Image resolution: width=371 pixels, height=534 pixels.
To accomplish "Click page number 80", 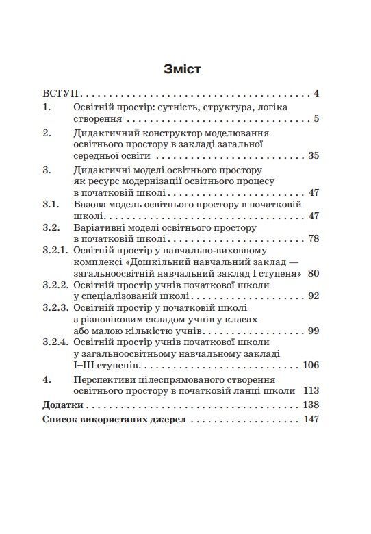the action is pos(314,273).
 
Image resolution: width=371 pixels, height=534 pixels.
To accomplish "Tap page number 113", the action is pos(311,391).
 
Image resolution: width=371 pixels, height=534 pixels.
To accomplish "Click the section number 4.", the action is pos(47,379).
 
